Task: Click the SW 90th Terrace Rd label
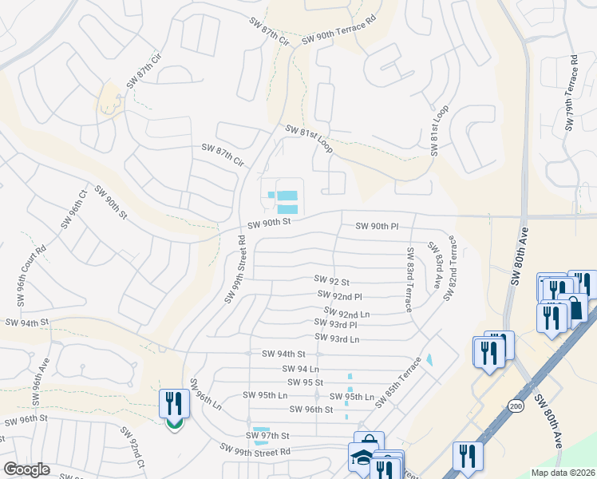(x=338, y=34)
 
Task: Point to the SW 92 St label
(x=332, y=282)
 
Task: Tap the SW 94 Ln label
(x=301, y=369)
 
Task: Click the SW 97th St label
(x=266, y=436)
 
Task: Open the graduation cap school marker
(x=360, y=458)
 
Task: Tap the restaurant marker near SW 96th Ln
(x=173, y=404)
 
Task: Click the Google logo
(x=26, y=469)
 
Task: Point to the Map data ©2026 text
(x=563, y=473)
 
